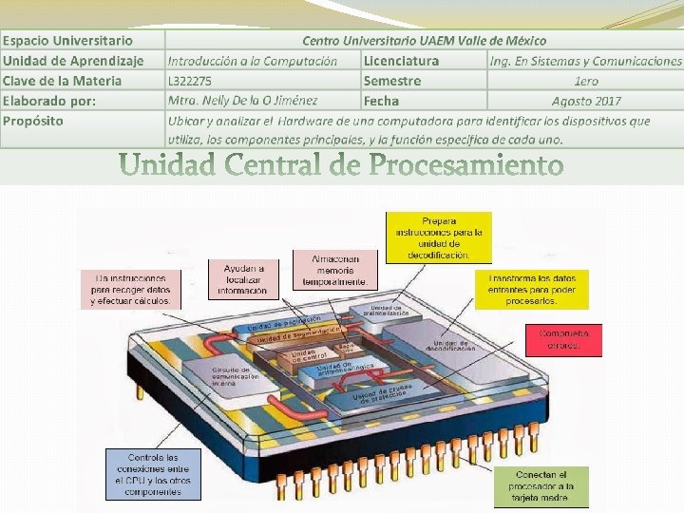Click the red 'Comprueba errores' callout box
pyautogui.click(x=564, y=340)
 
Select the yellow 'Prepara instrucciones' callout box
pyautogui.click(x=439, y=237)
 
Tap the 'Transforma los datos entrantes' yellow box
pyautogui.click(x=532, y=289)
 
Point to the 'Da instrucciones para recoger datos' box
pyautogui.click(x=131, y=289)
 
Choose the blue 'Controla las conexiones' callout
pyautogui.click(x=152, y=474)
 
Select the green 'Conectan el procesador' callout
pyautogui.click(x=542, y=486)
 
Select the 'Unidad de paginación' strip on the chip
pyautogui.click(x=285, y=323)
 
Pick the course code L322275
pyautogui.click(x=190, y=81)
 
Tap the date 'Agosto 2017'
pyautogui.click(x=586, y=101)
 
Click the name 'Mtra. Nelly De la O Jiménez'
pyautogui.click(x=243, y=100)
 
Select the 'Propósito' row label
pyautogui.click(x=33, y=121)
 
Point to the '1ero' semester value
pyautogui.click(x=586, y=81)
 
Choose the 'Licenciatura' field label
pyautogui.click(x=401, y=61)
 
